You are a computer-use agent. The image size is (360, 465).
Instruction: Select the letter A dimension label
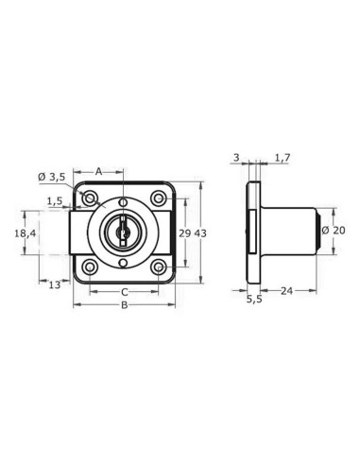(x=98, y=171)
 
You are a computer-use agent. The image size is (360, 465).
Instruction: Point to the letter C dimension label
(x=123, y=292)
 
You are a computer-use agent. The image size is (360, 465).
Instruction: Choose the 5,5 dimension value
(x=253, y=300)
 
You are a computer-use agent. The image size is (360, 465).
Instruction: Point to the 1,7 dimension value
(x=281, y=158)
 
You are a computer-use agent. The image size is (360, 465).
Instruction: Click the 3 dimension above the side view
(x=234, y=158)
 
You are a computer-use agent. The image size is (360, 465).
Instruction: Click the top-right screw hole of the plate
(x=158, y=198)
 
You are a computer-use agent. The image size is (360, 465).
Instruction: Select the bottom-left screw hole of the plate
(x=89, y=267)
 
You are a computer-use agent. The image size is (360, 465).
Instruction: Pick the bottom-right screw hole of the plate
(x=158, y=267)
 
